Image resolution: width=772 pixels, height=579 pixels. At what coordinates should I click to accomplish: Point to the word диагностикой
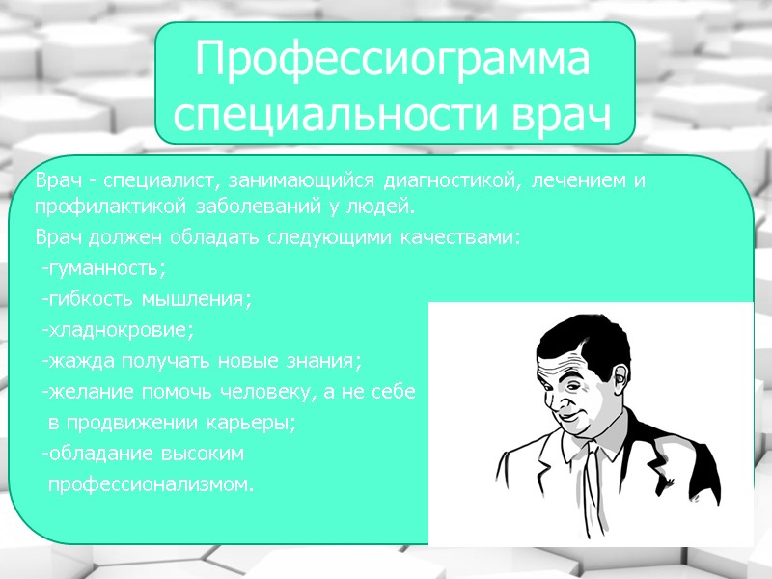pyautogui.click(x=446, y=181)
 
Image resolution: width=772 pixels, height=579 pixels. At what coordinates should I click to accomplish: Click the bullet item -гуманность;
pyautogui.click(x=103, y=268)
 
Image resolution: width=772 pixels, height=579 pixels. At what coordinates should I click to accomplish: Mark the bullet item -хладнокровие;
pyautogui.click(x=117, y=330)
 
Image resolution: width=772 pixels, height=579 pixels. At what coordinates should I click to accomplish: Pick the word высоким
pyautogui.click(x=200, y=454)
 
